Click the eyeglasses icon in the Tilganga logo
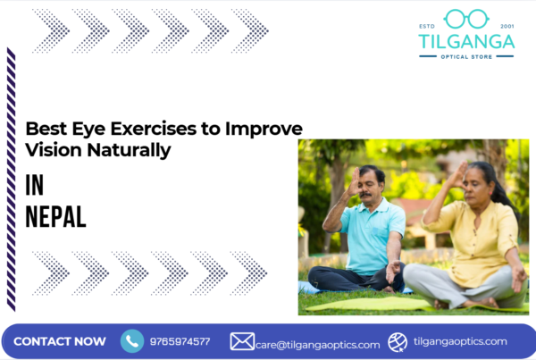[x=465, y=18]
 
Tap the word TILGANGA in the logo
[x=465, y=41]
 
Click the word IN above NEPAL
[x=35, y=184]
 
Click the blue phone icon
[x=132, y=340]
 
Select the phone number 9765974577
[x=181, y=341]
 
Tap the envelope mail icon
[x=242, y=341]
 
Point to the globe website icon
[x=398, y=341]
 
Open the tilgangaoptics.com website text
[x=460, y=341]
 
